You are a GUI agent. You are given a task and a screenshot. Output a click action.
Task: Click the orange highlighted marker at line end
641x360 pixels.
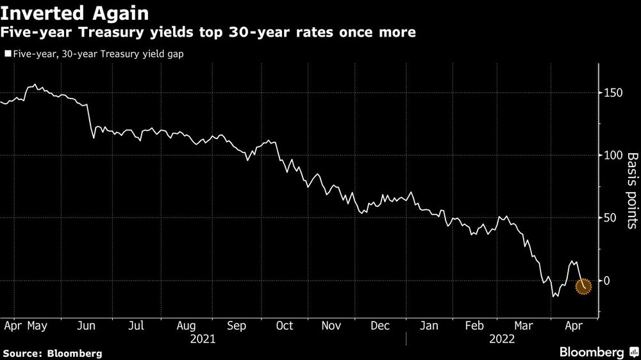point(583,286)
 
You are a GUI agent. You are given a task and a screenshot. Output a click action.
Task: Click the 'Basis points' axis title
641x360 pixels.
point(631,191)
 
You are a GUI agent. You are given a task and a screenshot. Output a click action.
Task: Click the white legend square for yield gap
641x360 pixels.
point(7,54)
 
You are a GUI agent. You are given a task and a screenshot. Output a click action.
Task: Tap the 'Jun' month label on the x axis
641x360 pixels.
point(86,326)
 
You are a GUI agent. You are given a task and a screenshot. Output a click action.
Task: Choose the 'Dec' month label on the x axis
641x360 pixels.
point(380,326)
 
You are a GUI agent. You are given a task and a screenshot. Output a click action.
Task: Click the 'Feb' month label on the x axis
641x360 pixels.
point(475,326)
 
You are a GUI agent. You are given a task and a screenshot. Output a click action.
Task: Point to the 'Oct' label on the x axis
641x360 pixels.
point(284,326)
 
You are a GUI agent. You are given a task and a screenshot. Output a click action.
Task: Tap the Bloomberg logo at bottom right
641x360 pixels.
point(593,352)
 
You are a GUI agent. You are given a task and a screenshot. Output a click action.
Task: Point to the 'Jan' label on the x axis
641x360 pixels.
point(429,326)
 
